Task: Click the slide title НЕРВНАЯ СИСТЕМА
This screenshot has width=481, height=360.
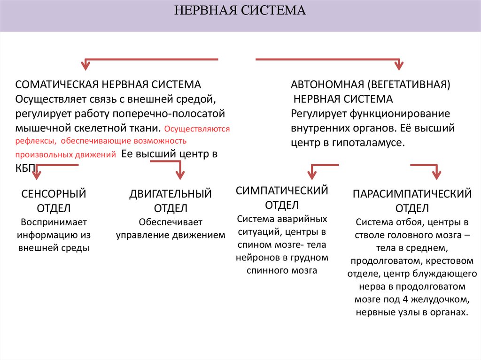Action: (240, 10)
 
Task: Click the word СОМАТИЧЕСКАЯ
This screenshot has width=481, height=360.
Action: (56, 84)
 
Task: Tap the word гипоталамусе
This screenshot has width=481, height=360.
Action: (373, 143)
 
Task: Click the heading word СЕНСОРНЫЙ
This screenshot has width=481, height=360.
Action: (54, 194)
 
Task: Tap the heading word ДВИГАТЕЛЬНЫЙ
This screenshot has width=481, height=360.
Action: (171, 194)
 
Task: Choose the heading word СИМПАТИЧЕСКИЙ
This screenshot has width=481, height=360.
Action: (282, 191)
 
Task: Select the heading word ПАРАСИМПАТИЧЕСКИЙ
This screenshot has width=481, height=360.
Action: (412, 194)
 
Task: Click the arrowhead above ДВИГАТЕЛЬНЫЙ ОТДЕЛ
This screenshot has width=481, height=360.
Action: (179, 175)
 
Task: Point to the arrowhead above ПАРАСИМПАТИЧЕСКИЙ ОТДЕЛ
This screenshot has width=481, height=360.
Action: (436, 175)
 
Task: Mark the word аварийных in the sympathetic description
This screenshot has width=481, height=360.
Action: (303, 219)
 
